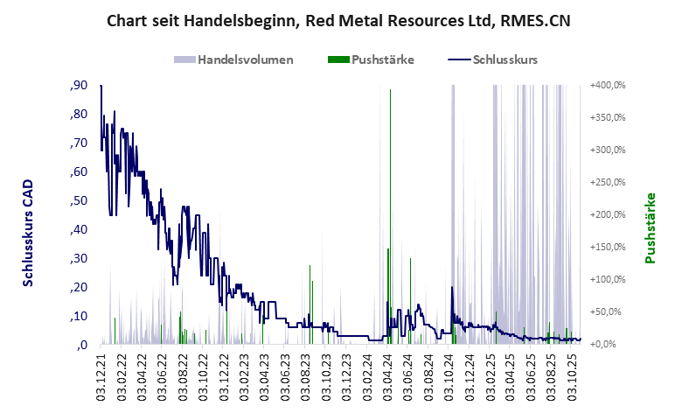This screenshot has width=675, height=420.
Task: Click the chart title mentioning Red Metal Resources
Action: pos(337,20)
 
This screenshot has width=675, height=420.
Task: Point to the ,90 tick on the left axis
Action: pos(79,86)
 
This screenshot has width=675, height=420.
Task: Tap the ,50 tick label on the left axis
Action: pos(79,200)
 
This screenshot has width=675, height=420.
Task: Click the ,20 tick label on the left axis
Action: pos(79,287)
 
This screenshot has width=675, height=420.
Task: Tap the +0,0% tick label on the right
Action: pos(610,344)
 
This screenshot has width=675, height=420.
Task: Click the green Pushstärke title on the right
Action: pos(651,227)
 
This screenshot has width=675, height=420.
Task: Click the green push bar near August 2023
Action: pos(310,302)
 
